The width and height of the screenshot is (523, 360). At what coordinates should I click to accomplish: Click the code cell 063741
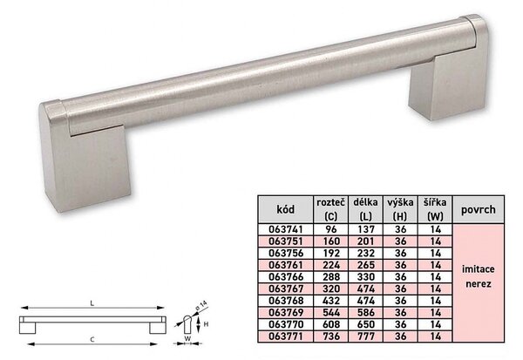click(x=286, y=229)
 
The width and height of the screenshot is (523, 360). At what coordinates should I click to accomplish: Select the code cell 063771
click(x=286, y=336)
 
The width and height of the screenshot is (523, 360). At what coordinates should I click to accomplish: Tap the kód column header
click(x=286, y=209)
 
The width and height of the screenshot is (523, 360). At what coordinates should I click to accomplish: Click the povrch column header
click(x=479, y=209)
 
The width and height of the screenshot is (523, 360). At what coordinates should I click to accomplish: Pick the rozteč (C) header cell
click(x=331, y=209)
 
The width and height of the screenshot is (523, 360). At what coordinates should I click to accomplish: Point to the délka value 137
click(x=366, y=229)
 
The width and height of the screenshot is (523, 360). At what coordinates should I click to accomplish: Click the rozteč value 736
click(x=331, y=336)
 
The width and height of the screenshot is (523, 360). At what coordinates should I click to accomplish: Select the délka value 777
click(x=366, y=336)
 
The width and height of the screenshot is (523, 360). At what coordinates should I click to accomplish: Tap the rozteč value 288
click(x=331, y=277)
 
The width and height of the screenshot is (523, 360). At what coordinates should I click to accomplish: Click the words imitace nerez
click(x=479, y=276)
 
